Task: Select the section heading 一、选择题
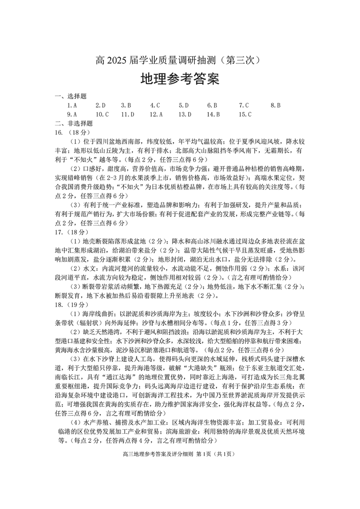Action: coord(70,96)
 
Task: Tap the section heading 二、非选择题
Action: coord(73,123)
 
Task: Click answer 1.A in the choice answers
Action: coord(72,105)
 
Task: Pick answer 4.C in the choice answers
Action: coord(155,105)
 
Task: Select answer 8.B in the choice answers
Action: coord(276,105)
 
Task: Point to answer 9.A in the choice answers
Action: coord(72,114)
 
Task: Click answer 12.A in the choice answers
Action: coord(156,114)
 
